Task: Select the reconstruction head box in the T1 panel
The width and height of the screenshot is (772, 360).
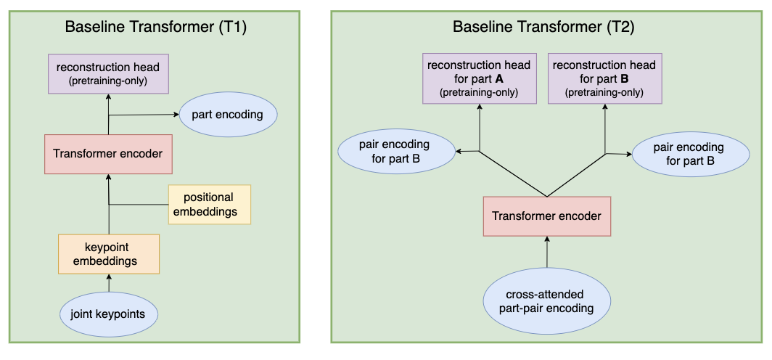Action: (x=108, y=73)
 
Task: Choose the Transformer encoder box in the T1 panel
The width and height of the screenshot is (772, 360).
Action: (x=108, y=153)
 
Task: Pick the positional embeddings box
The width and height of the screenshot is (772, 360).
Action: (x=208, y=205)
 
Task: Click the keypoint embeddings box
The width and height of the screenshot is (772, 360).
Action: (x=108, y=253)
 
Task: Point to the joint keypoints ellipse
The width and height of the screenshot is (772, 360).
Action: (x=108, y=315)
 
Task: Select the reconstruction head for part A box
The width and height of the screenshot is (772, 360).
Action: (x=479, y=78)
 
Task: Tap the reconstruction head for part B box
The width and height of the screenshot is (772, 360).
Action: (x=604, y=78)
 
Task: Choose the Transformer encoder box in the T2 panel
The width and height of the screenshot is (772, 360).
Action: (x=547, y=216)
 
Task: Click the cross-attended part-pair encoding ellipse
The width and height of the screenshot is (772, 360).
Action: (x=547, y=300)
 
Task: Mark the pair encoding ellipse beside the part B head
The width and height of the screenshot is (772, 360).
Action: (x=689, y=154)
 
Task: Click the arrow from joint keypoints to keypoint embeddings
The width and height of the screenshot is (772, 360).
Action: (x=108, y=283)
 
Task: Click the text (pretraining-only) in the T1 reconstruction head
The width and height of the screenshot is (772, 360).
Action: (x=108, y=81)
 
